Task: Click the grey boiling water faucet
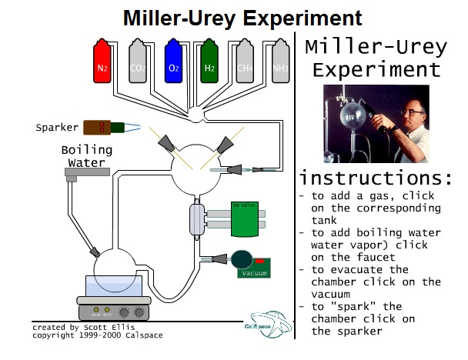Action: click(x=85, y=175)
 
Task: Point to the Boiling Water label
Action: click(x=86, y=155)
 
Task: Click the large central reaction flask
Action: click(x=196, y=171)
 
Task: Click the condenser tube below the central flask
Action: click(x=196, y=218)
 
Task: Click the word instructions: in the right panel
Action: click(x=375, y=178)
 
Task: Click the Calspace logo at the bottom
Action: click(x=270, y=324)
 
